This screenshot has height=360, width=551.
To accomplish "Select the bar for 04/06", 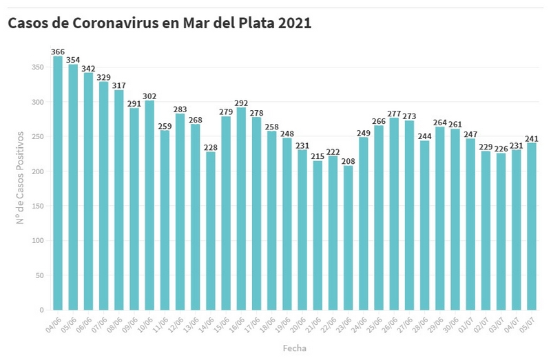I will [x=58, y=183].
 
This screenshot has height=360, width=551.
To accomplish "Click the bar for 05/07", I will [x=531, y=226].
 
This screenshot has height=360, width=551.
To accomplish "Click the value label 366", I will [x=58, y=52].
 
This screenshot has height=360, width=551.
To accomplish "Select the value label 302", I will [x=149, y=96].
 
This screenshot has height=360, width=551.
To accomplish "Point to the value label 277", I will [x=394, y=113].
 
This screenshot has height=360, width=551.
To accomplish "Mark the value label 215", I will [x=318, y=156].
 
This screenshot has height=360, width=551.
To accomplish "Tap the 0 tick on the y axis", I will [x=41, y=310].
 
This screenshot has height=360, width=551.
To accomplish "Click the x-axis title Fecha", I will [x=294, y=348].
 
